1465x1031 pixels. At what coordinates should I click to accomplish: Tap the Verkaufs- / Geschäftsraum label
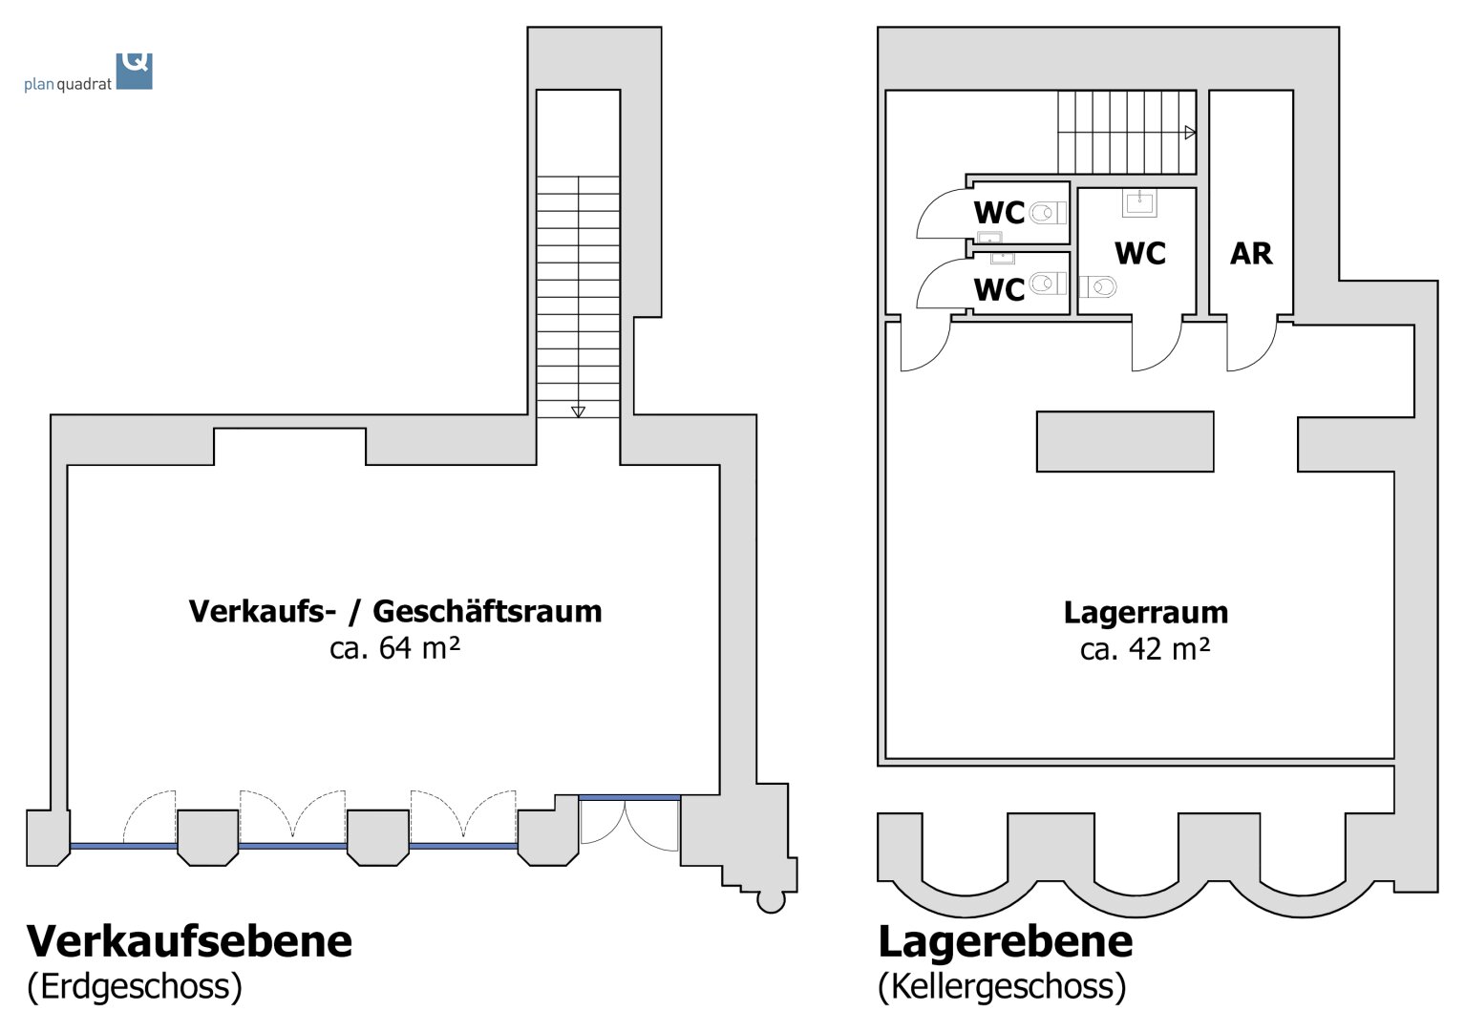tap(395, 611)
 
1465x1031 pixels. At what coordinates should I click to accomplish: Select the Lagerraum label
tap(1145, 612)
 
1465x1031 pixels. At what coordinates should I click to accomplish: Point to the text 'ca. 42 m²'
tap(1145, 649)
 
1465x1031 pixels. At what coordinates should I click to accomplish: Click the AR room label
tap(1250, 254)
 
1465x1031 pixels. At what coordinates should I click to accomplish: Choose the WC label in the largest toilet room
tap(1139, 254)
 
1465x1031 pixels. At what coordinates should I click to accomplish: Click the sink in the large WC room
tap(1139, 201)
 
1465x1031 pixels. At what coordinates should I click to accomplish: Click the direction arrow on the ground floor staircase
tap(578, 411)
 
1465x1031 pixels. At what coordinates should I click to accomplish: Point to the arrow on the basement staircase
tap(1190, 133)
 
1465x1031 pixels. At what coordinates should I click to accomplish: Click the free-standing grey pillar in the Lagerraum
tap(1124, 441)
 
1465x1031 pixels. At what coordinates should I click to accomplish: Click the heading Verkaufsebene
tap(189, 941)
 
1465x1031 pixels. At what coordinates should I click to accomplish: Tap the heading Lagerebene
tap(1005, 941)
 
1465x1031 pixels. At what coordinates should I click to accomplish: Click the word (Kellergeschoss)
tap(1002, 986)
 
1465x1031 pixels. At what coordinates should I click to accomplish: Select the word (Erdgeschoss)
tap(135, 986)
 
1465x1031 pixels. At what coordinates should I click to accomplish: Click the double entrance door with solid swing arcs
tap(627, 825)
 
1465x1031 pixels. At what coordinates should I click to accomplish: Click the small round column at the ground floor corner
tap(770, 900)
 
